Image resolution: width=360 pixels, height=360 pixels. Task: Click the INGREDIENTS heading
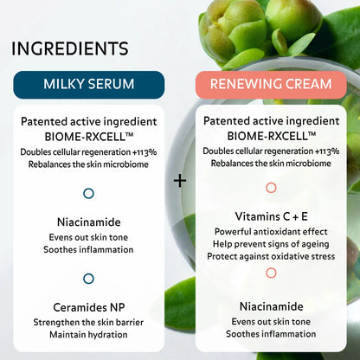pyautogui.click(x=70, y=48)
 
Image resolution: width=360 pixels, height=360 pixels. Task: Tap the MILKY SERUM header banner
pyautogui.click(x=88, y=84)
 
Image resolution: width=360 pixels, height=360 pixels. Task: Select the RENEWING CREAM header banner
pyautogui.click(x=271, y=84)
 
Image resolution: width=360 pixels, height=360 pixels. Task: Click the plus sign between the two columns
pyautogui.click(x=180, y=181)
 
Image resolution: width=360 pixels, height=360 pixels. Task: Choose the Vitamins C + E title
pyautogui.click(x=271, y=215)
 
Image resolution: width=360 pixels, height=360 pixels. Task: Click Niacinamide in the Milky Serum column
pyautogui.click(x=88, y=222)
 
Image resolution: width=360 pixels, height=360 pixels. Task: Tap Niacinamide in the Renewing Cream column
pyautogui.click(x=271, y=305)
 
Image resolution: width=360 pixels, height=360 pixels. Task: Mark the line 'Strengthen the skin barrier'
pyautogui.click(x=88, y=323)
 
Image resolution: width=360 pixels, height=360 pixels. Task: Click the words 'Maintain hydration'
pyautogui.click(x=88, y=336)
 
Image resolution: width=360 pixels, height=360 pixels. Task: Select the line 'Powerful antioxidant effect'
pyautogui.click(x=271, y=232)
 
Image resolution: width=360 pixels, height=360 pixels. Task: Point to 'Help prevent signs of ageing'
pyautogui.click(x=271, y=244)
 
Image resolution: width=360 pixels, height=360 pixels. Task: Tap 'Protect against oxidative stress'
pyautogui.click(x=271, y=256)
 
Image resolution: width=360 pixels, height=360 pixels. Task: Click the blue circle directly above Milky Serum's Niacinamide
pyautogui.click(x=88, y=194)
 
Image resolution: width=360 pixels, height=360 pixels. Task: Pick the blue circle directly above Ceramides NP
pyautogui.click(x=88, y=278)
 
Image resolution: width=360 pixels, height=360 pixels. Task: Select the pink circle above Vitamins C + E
pyautogui.click(x=271, y=187)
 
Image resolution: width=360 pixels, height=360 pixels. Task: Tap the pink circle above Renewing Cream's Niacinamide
pyautogui.click(x=271, y=273)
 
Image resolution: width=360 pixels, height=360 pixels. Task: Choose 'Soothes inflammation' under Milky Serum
pyautogui.click(x=88, y=250)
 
